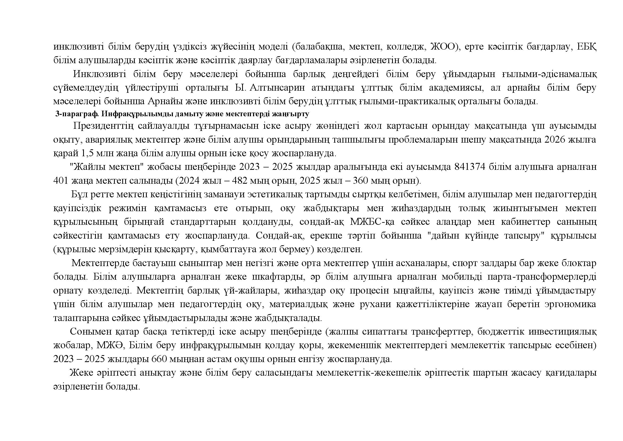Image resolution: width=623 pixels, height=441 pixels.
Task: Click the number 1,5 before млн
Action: (87, 153)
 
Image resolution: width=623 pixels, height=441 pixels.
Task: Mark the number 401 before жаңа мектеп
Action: (60, 181)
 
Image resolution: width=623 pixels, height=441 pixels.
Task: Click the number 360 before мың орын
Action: (361, 181)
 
